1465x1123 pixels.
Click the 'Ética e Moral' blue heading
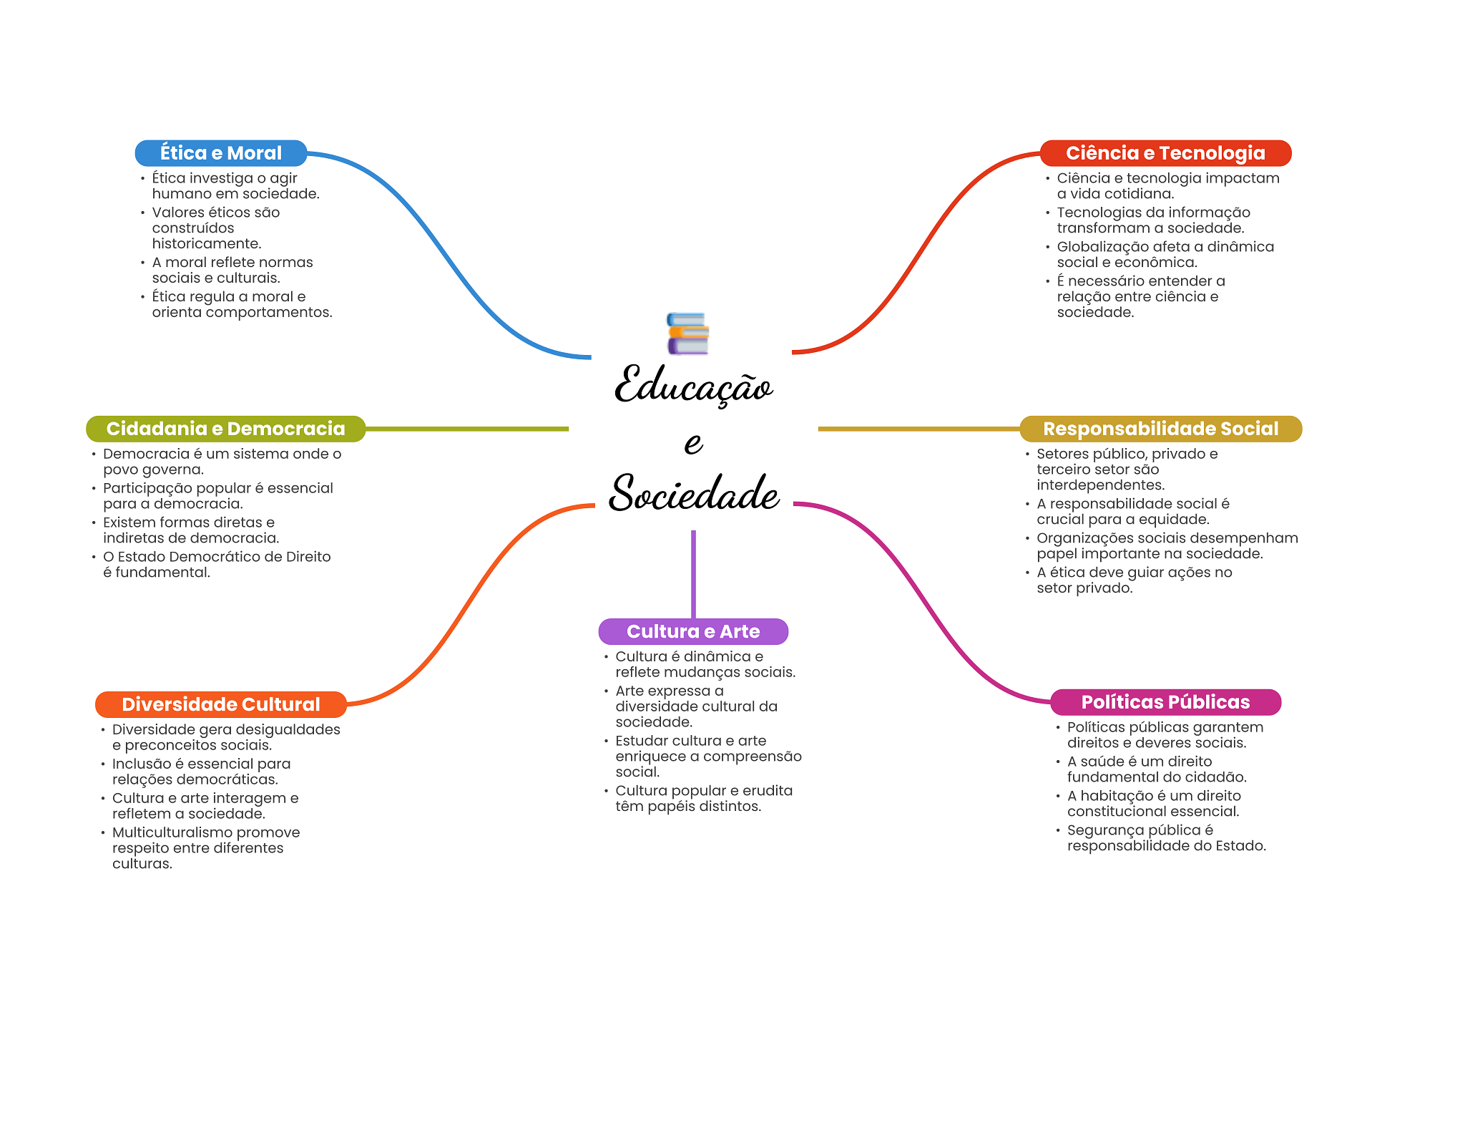pyautogui.click(x=221, y=153)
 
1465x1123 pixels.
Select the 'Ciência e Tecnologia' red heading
pyautogui.click(x=1165, y=153)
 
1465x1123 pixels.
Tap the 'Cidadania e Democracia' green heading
pyautogui.click(x=225, y=429)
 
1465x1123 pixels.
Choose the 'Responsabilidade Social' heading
pyautogui.click(x=1160, y=429)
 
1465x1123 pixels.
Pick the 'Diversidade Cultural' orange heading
pyautogui.click(x=221, y=704)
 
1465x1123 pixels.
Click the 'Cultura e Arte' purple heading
pyautogui.click(x=693, y=631)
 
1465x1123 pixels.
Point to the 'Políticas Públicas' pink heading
pyautogui.click(x=1165, y=702)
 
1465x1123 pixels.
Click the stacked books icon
pyautogui.click(x=687, y=334)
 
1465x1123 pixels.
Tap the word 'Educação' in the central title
pyautogui.click(x=693, y=386)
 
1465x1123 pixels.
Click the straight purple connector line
pyautogui.click(x=693, y=574)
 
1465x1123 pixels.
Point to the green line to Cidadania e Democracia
pyautogui.click(x=467, y=429)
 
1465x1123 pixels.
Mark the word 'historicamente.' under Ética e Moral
pyautogui.click(x=207, y=244)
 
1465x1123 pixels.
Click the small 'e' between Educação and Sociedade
pyautogui.click(x=693, y=442)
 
